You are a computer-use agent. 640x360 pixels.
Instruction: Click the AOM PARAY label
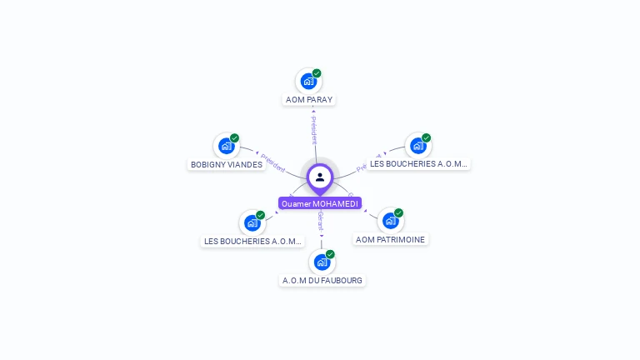tap(309, 99)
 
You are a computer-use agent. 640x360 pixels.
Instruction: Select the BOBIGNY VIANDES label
tap(227, 164)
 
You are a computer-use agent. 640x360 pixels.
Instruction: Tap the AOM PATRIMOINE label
tap(390, 239)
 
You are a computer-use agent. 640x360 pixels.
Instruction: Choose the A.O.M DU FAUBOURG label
tap(322, 280)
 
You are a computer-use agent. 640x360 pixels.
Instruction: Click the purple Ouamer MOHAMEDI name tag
tap(320, 203)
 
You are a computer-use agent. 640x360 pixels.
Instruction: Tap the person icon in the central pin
tap(320, 177)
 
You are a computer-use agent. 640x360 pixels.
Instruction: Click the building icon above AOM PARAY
tap(308, 81)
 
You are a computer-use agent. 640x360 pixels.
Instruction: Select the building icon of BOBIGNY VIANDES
tap(226, 146)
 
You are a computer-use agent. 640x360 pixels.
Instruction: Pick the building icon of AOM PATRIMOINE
tap(390, 221)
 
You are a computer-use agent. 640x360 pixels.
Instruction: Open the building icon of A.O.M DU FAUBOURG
tap(321, 262)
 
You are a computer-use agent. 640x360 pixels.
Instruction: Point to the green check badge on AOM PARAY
tap(317, 73)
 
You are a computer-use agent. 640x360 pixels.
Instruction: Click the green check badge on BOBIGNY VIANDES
tap(234, 138)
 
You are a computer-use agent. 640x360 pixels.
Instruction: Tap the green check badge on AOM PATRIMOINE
tap(398, 213)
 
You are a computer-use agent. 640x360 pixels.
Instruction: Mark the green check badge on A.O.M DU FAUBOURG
tap(330, 254)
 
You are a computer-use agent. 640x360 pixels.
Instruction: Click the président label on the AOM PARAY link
tap(314, 130)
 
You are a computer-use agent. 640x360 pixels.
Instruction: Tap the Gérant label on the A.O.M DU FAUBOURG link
tap(321, 221)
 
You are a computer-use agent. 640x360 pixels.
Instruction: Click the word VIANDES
tap(245, 164)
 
